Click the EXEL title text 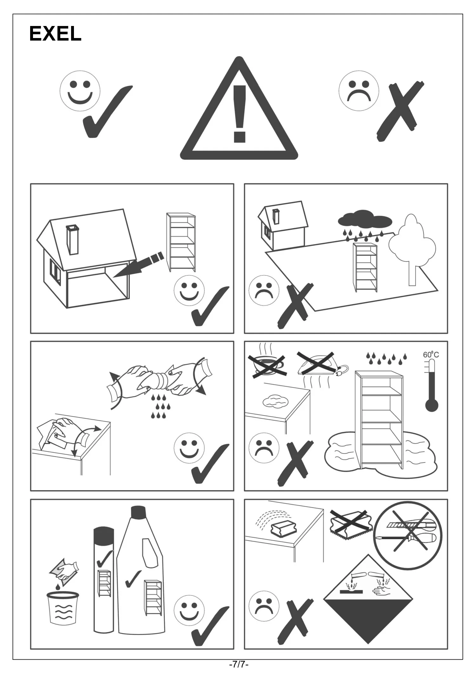coord(56,34)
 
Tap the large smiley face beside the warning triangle coord(80,91)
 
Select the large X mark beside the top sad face coord(400,111)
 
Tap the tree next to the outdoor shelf coord(412,249)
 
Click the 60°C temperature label coord(431,354)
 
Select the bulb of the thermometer coord(432,405)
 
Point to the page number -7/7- coord(239,664)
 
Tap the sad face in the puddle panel coord(264,448)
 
